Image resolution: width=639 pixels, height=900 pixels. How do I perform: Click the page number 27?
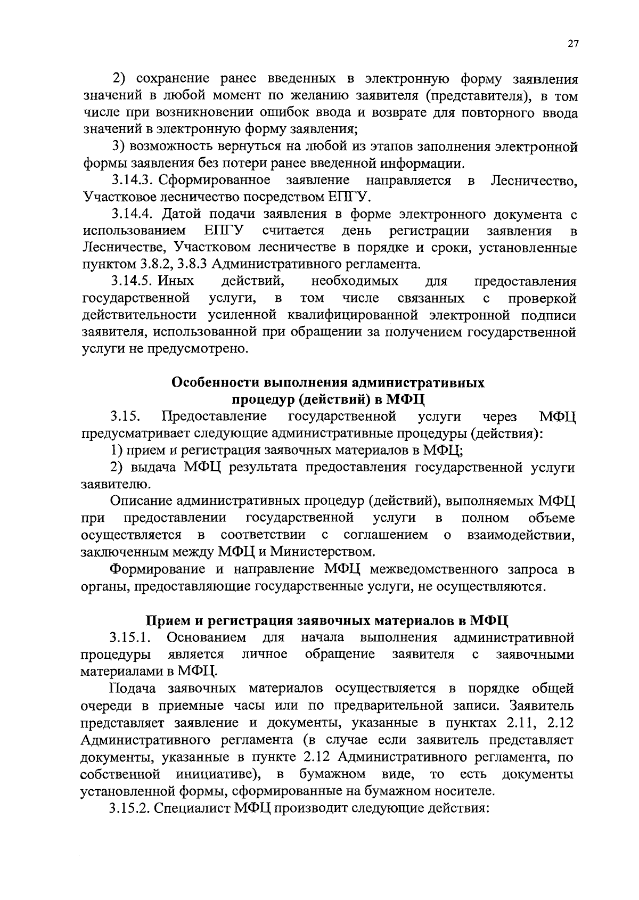point(572,45)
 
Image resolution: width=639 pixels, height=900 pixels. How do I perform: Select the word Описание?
point(140,501)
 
